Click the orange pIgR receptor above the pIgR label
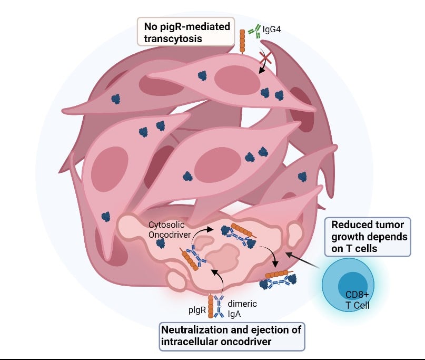click(211, 308)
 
